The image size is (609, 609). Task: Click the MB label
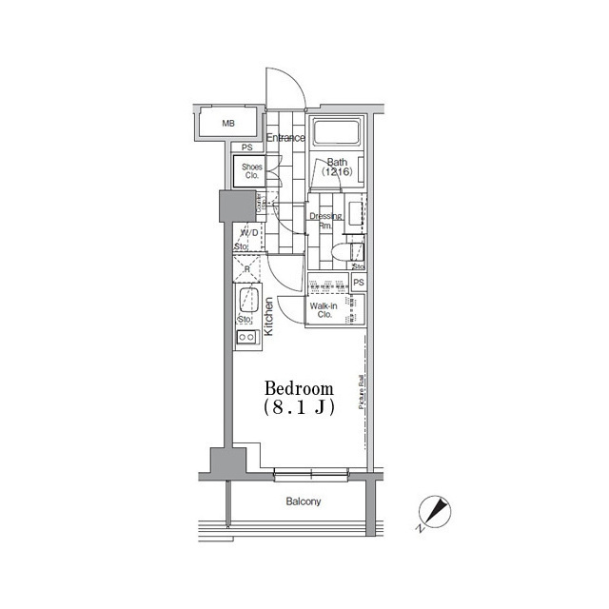click(228, 124)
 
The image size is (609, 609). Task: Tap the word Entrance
click(285, 138)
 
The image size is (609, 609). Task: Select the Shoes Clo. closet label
click(251, 171)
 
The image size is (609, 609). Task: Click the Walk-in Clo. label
click(321, 309)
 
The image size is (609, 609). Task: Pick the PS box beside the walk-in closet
click(359, 283)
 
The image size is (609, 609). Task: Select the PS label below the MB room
click(246, 147)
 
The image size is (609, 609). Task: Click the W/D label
click(248, 233)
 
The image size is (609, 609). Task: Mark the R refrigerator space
click(247, 268)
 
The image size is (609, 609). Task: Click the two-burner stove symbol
click(246, 338)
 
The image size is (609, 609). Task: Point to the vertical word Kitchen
click(269, 317)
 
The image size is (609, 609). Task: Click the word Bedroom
click(299, 388)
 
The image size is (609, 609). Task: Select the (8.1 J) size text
click(299, 406)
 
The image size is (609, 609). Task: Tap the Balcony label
click(303, 501)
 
